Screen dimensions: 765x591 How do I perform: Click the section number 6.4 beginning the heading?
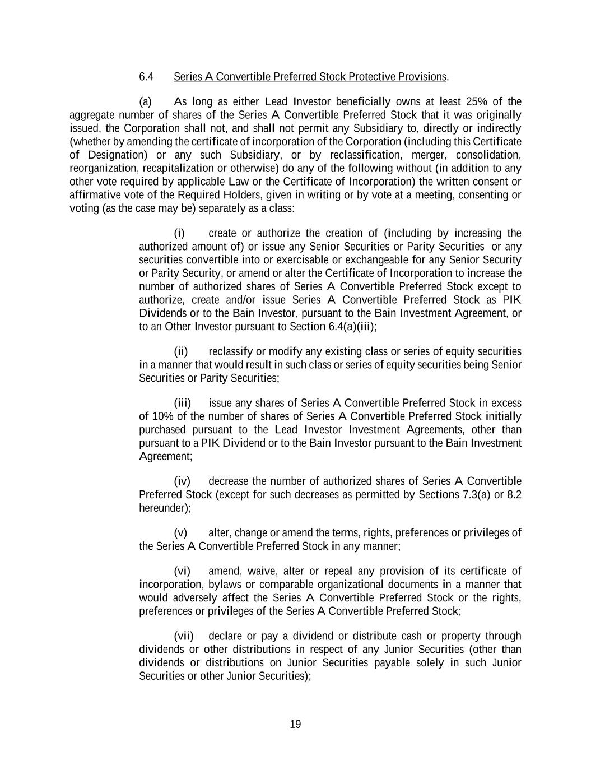point(146,77)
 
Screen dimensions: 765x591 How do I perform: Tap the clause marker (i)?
point(179,233)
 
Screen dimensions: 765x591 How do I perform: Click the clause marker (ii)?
point(180,351)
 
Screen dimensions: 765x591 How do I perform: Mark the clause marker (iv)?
point(182,481)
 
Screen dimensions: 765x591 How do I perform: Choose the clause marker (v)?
point(180,532)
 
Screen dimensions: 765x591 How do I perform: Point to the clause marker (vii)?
point(184,636)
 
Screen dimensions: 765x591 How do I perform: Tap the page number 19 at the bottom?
point(295,724)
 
